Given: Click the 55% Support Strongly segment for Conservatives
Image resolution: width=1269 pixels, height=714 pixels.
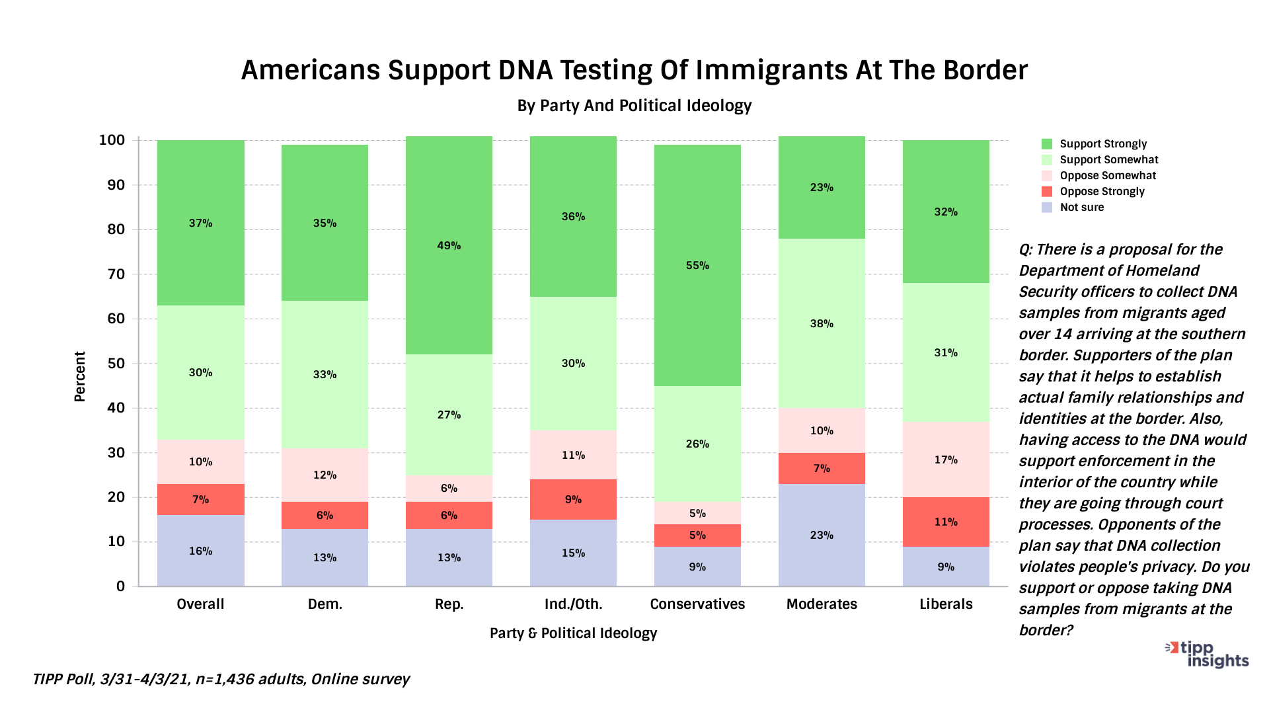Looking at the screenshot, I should pyautogui.click(x=697, y=265).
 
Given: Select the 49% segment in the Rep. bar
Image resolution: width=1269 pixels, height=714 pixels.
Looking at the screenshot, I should pyautogui.click(x=449, y=245).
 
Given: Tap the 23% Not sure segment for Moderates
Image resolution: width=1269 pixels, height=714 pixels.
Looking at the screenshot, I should pyautogui.click(x=822, y=535).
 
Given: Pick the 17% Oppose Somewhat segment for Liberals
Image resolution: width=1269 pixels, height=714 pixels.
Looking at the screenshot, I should pyautogui.click(x=946, y=459).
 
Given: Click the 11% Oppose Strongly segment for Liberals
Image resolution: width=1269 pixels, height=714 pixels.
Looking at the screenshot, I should pyautogui.click(x=946, y=522).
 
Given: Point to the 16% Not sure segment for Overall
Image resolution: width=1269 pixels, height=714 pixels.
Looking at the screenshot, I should pyautogui.click(x=200, y=551).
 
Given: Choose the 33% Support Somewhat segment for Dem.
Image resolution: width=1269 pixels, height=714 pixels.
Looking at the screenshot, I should pyautogui.click(x=325, y=374).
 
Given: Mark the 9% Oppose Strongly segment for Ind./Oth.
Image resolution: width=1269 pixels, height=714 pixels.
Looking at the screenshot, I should pyautogui.click(x=573, y=499).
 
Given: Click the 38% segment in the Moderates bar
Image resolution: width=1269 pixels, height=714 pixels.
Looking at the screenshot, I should pyautogui.click(x=822, y=323).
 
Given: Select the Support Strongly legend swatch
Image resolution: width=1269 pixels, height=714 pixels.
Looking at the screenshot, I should pyautogui.click(x=1047, y=144).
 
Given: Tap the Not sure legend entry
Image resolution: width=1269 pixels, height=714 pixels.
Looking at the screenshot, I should pyautogui.click(x=1081, y=208).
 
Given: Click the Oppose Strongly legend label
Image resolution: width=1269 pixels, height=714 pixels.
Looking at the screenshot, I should pyautogui.click(x=1102, y=192).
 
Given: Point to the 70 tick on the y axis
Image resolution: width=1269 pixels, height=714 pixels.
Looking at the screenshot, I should pyautogui.click(x=116, y=274).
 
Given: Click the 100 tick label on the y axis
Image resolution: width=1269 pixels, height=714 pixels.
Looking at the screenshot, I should pyautogui.click(x=112, y=140).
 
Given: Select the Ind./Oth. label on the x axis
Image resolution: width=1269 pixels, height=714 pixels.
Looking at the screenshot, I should pyautogui.click(x=573, y=604).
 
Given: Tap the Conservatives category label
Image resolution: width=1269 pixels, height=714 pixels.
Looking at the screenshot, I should pyautogui.click(x=697, y=604).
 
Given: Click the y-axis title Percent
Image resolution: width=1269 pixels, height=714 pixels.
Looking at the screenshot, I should pyautogui.click(x=80, y=376).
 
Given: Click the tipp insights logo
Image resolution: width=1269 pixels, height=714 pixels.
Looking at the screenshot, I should pyautogui.click(x=1207, y=654).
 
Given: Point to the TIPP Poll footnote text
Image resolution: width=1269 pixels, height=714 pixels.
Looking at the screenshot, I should pyautogui.click(x=221, y=680).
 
